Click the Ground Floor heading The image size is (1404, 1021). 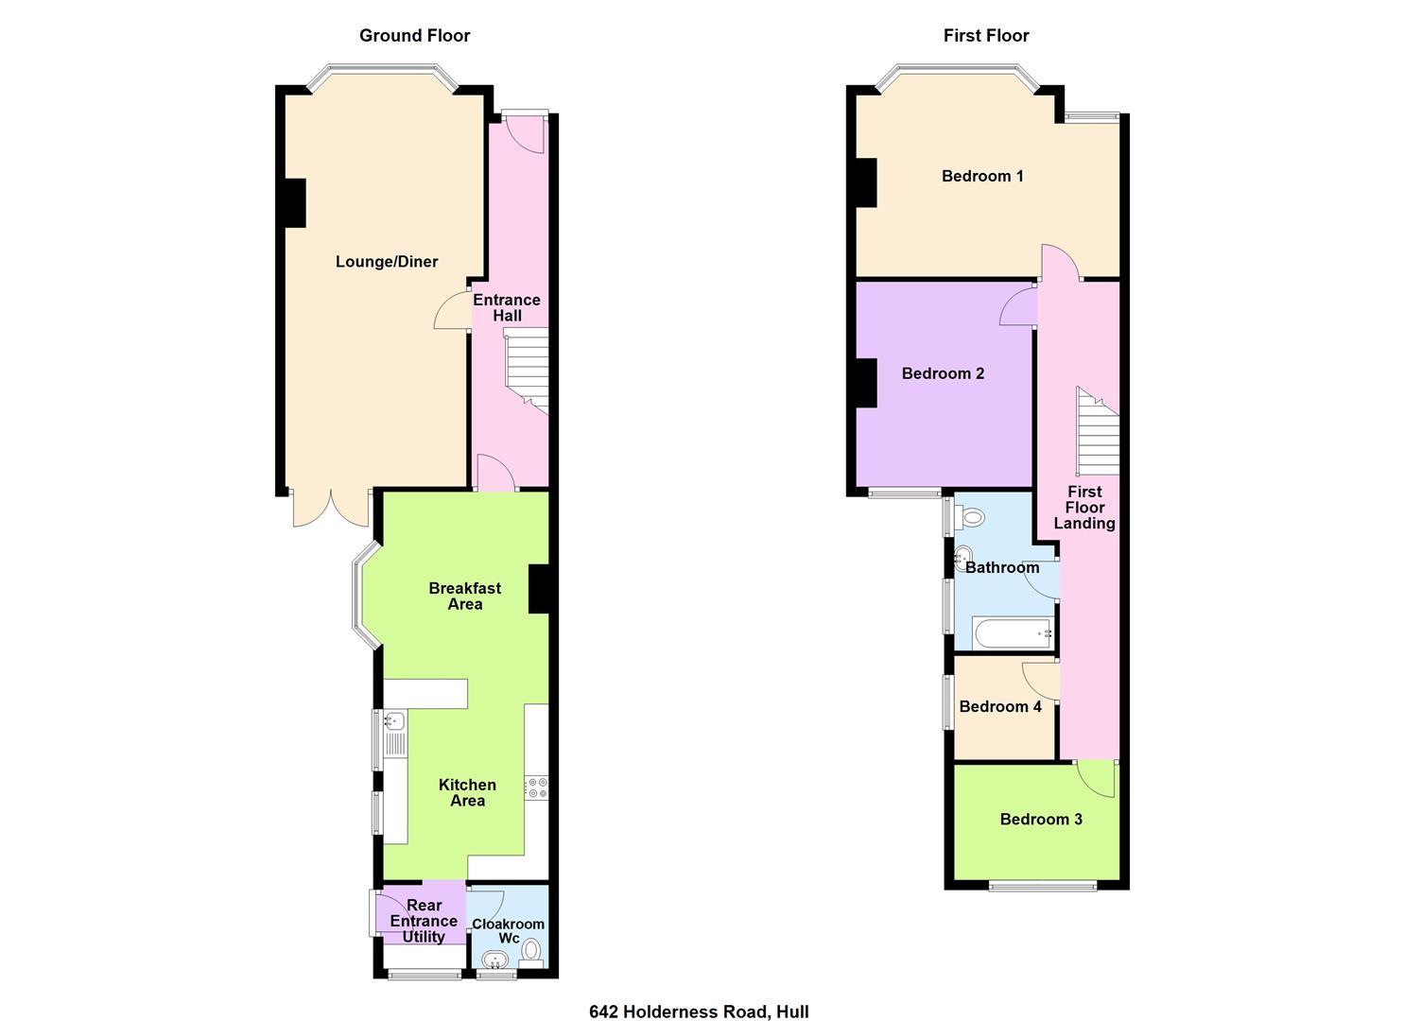pos(414,36)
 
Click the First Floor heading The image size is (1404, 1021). pos(985,36)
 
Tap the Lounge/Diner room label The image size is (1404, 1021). pos(387,262)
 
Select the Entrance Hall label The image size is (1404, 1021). pos(507,307)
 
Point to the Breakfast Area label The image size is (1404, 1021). pos(464,596)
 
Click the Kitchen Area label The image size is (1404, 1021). pos(467,792)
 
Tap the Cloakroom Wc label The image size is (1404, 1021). pos(509,931)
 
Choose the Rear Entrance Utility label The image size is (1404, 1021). pos(424,921)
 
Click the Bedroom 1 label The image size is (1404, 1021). pos(982,176)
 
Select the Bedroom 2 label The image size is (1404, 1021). pos(943,373)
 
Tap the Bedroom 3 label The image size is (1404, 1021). pos(1041,819)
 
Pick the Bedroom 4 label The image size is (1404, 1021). pos(1000,706)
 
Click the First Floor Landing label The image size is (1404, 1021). pos(1084,507)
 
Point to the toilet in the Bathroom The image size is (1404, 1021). pos(969,517)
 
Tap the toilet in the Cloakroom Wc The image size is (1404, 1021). pos(531,950)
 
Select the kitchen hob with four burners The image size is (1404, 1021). pos(537,787)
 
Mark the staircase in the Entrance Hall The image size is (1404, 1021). pos(528,369)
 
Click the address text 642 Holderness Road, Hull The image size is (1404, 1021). pos(699,1012)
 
